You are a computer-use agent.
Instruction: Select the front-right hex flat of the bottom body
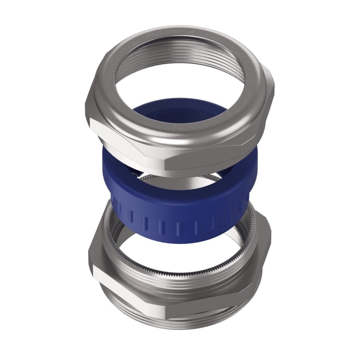[220, 306]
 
